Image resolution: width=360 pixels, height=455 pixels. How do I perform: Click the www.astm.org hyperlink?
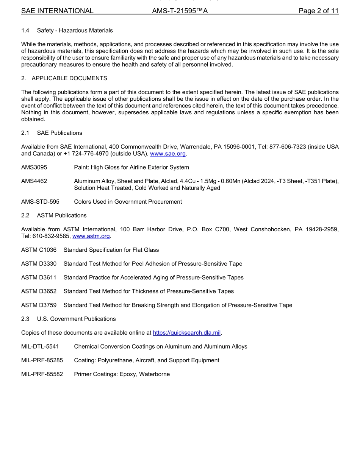(91, 236)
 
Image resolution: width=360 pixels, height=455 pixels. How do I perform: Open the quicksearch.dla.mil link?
(186, 333)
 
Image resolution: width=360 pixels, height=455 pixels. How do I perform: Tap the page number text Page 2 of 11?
(318, 11)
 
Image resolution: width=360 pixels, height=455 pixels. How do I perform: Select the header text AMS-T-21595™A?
(180, 11)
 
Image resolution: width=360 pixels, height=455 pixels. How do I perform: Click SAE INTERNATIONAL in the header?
(57, 11)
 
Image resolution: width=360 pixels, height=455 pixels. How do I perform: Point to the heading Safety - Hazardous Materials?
(75, 30)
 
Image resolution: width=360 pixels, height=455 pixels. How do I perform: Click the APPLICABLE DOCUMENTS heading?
(69, 78)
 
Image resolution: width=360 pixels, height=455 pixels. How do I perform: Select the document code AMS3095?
(34, 167)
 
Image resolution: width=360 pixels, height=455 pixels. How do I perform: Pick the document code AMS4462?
(34, 181)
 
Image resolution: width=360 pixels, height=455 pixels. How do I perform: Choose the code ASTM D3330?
(39, 263)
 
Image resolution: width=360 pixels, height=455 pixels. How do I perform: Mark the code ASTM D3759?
(39, 305)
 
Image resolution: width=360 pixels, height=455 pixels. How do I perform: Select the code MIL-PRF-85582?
(42, 374)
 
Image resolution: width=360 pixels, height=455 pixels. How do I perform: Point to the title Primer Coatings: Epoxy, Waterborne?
(122, 374)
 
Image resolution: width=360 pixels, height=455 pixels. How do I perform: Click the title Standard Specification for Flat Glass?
(111, 250)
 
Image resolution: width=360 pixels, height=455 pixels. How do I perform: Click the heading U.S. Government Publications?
(76, 319)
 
